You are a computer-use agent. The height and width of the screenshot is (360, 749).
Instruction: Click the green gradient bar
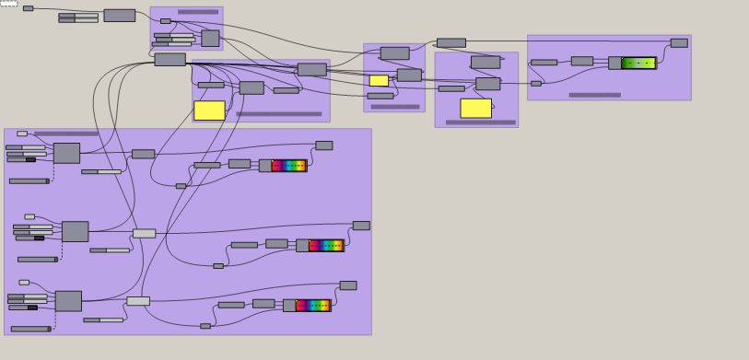click(x=638, y=64)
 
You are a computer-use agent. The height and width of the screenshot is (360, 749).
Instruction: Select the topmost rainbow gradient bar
click(x=289, y=166)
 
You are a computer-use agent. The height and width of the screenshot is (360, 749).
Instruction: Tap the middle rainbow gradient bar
click(x=326, y=246)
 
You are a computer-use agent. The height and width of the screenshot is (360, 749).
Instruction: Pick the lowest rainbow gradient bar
click(x=313, y=306)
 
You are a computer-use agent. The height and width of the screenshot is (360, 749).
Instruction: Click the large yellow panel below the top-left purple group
click(x=209, y=110)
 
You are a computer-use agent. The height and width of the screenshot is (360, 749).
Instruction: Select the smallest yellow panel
click(x=379, y=81)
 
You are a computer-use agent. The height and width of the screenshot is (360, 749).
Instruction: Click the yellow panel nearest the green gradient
click(x=475, y=108)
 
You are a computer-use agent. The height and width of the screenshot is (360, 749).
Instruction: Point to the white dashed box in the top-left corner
click(x=8, y=4)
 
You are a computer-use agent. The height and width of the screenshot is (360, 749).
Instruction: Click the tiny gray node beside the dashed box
click(x=28, y=8)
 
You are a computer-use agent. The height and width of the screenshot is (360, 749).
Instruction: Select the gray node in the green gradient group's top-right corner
click(x=679, y=42)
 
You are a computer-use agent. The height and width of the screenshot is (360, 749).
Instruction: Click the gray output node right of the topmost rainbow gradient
click(x=323, y=145)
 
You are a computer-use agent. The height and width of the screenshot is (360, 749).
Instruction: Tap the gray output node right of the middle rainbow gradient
click(x=361, y=226)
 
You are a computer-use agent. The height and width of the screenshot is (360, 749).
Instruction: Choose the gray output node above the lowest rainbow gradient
click(x=347, y=285)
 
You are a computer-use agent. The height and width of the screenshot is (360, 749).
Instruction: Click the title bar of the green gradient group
click(x=594, y=95)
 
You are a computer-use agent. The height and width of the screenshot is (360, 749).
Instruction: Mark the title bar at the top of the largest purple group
click(x=66, y=134)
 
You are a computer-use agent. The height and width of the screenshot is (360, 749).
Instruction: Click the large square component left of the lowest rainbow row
click(x=68, y=301)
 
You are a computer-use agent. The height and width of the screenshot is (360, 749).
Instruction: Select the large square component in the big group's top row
click(x=66, y=153)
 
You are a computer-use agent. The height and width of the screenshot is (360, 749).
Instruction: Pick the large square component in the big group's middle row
click(x=75, y=231)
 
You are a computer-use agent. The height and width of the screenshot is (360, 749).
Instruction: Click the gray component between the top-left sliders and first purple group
click(x=119, y=16)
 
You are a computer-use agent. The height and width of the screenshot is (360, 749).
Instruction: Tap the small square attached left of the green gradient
click(x=614, y=64)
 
